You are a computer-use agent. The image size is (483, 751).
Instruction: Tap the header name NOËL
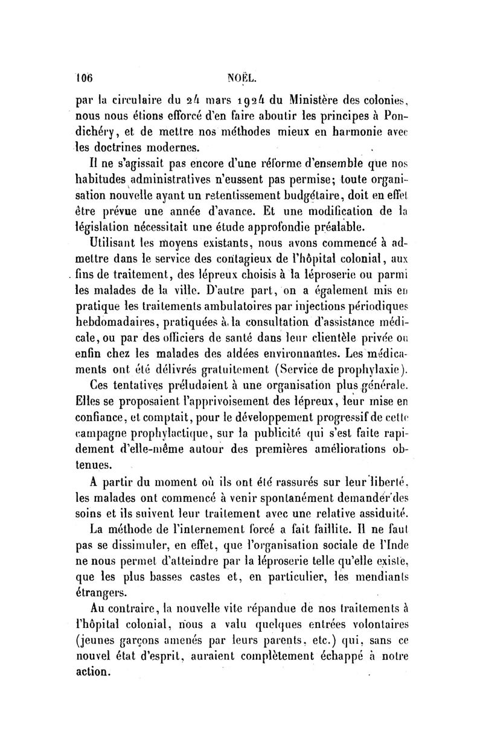click(239, 77)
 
